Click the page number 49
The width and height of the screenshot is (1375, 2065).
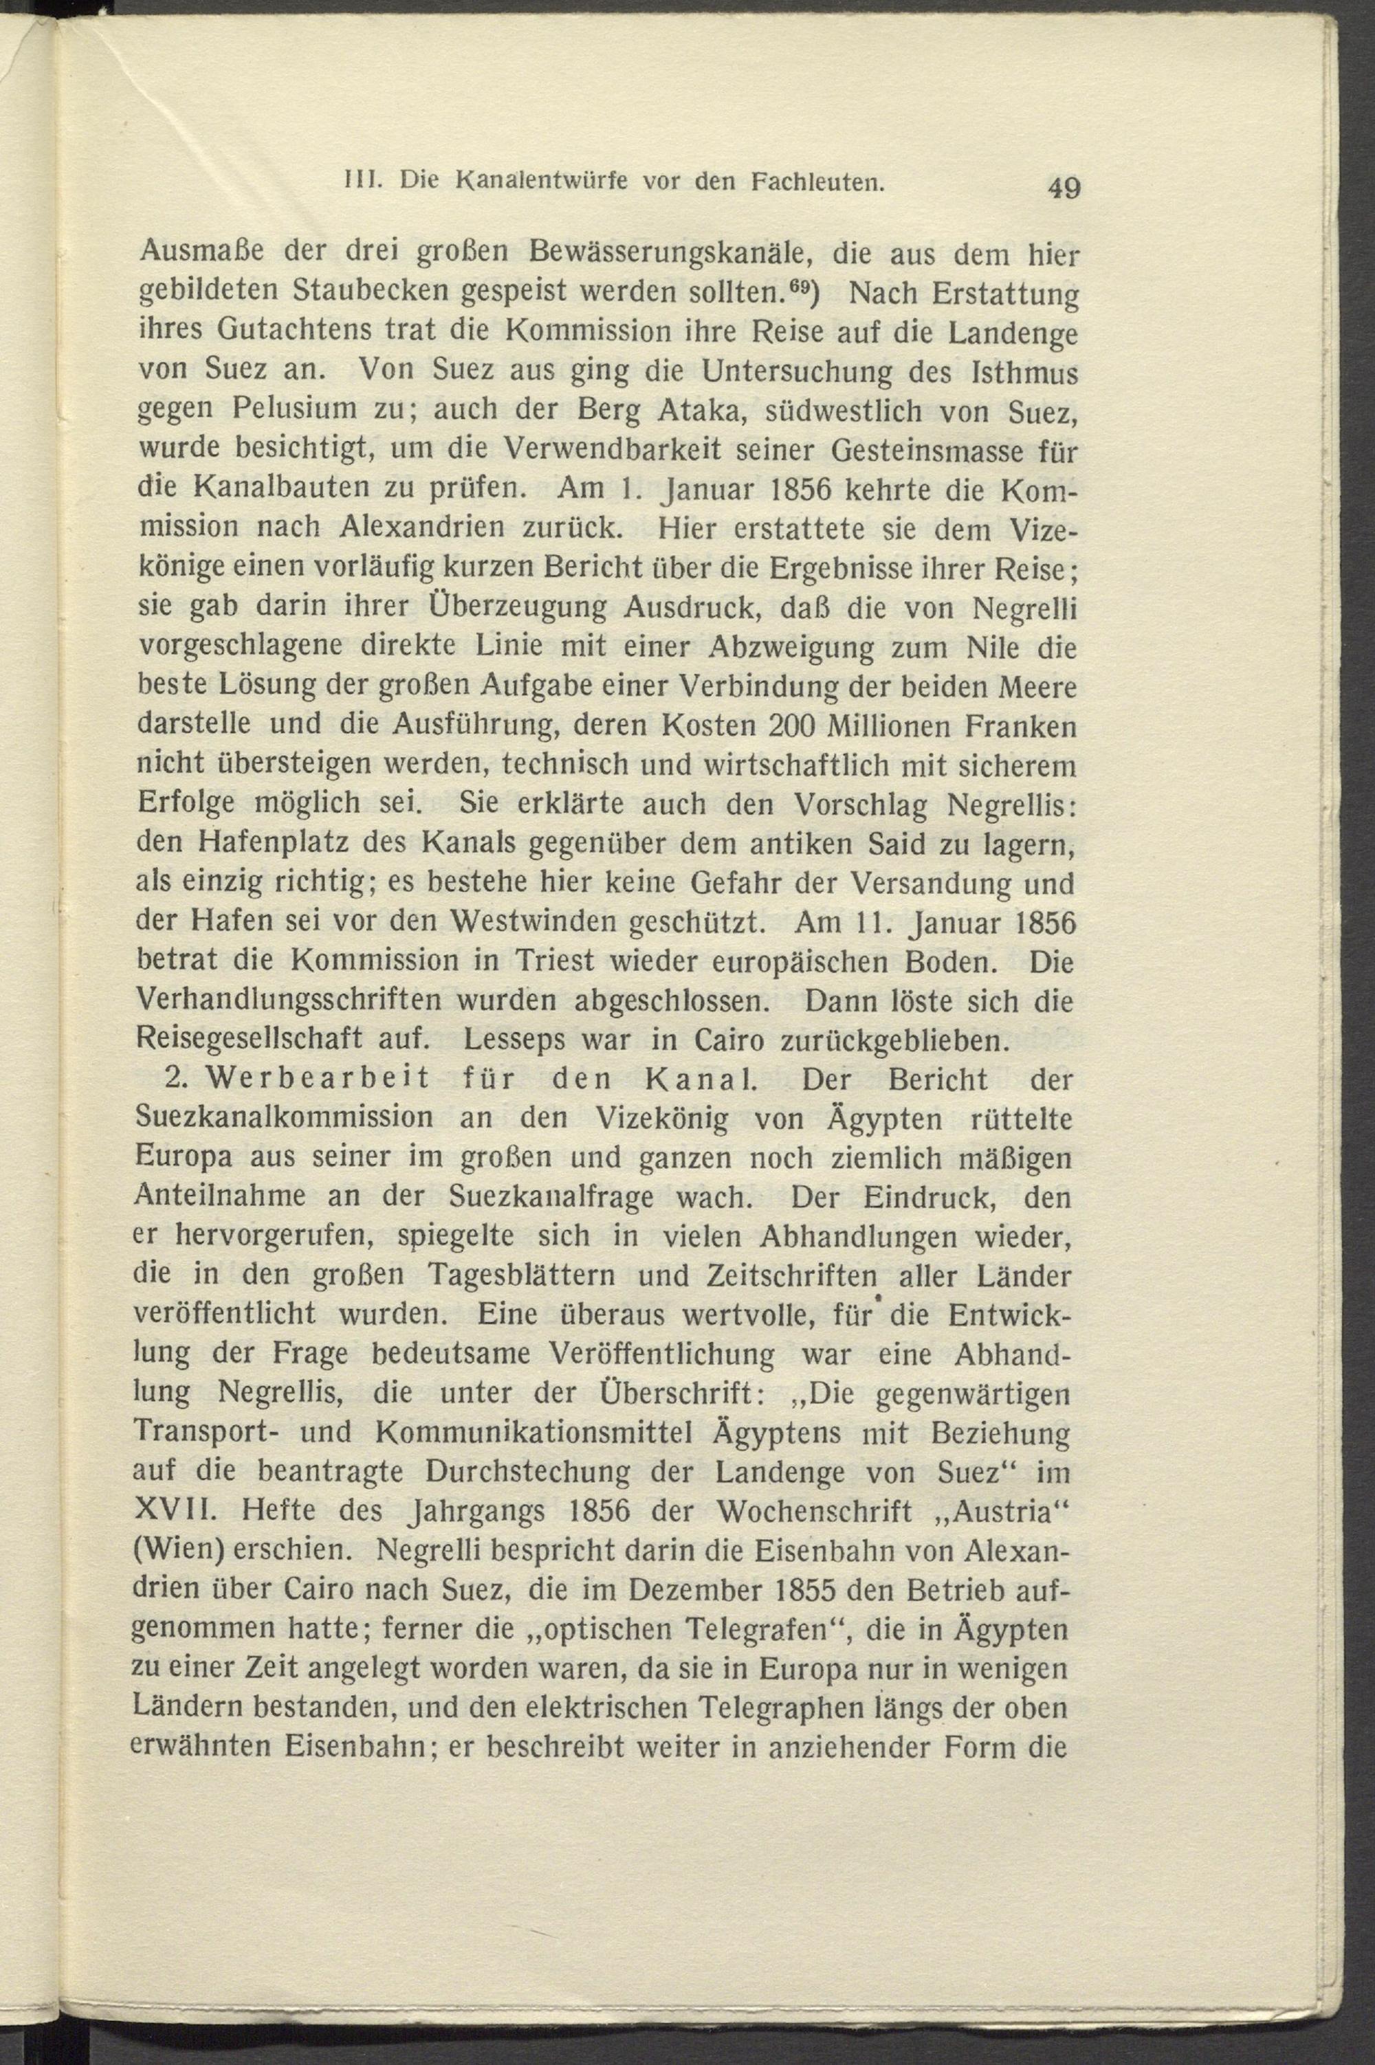[1063, 188]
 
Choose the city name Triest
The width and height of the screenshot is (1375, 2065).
[545, 962]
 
